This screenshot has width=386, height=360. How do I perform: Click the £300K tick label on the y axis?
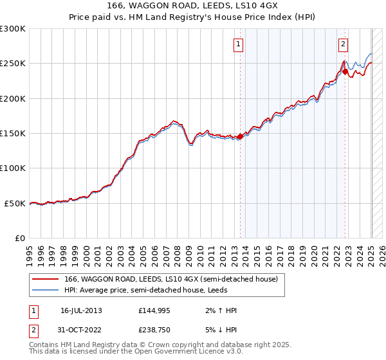(x=13, y=29)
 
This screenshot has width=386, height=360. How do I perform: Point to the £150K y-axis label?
(x=13, y=134)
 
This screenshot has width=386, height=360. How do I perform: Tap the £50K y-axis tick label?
(x=15, y=203)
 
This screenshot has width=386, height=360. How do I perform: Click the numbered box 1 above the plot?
(x=238, y=44)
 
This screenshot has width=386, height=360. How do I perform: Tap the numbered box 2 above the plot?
(x=343, y=44)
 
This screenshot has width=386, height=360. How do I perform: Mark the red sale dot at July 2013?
(x=241, y=136)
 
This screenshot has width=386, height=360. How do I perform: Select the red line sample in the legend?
(x=46, y=279)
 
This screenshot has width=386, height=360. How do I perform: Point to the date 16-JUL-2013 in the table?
(x=81, y=310)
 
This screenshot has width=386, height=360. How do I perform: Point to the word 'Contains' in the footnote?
(x=44, y=345)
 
